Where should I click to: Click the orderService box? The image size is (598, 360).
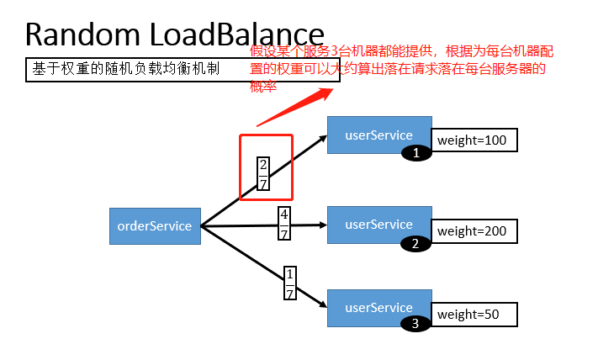[155, 226]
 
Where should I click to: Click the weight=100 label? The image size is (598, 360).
[474, 140]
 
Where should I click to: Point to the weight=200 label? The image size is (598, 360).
[474, 230]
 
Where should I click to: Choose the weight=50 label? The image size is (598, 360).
[474, 315]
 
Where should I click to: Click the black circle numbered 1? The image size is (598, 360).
[415, 153]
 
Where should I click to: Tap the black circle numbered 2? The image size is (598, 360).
[415, 244]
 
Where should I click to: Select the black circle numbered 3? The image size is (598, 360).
[415, 323]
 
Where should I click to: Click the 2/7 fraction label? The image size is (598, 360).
[263, 173]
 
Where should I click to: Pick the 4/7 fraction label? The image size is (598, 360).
[284, 225]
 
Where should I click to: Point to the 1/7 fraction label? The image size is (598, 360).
[290, 284]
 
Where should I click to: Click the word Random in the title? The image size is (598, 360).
[82, 34]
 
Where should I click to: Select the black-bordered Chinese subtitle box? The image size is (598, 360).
[183, 70]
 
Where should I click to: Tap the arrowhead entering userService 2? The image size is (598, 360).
[320, 225]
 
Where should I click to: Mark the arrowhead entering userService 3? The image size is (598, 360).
[320, 304]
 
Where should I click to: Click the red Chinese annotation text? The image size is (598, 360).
[402, 67]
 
